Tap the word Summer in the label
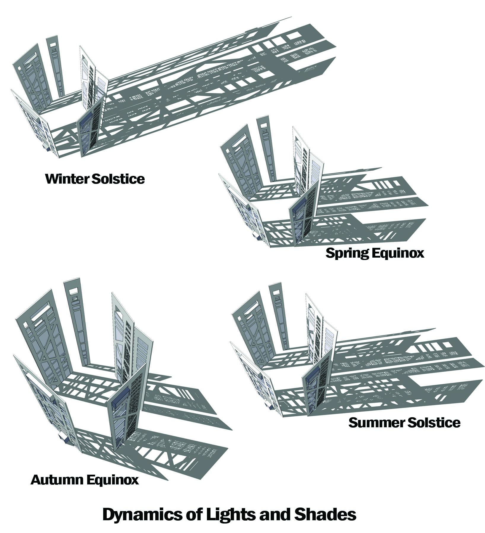click(x=373, y=423)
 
